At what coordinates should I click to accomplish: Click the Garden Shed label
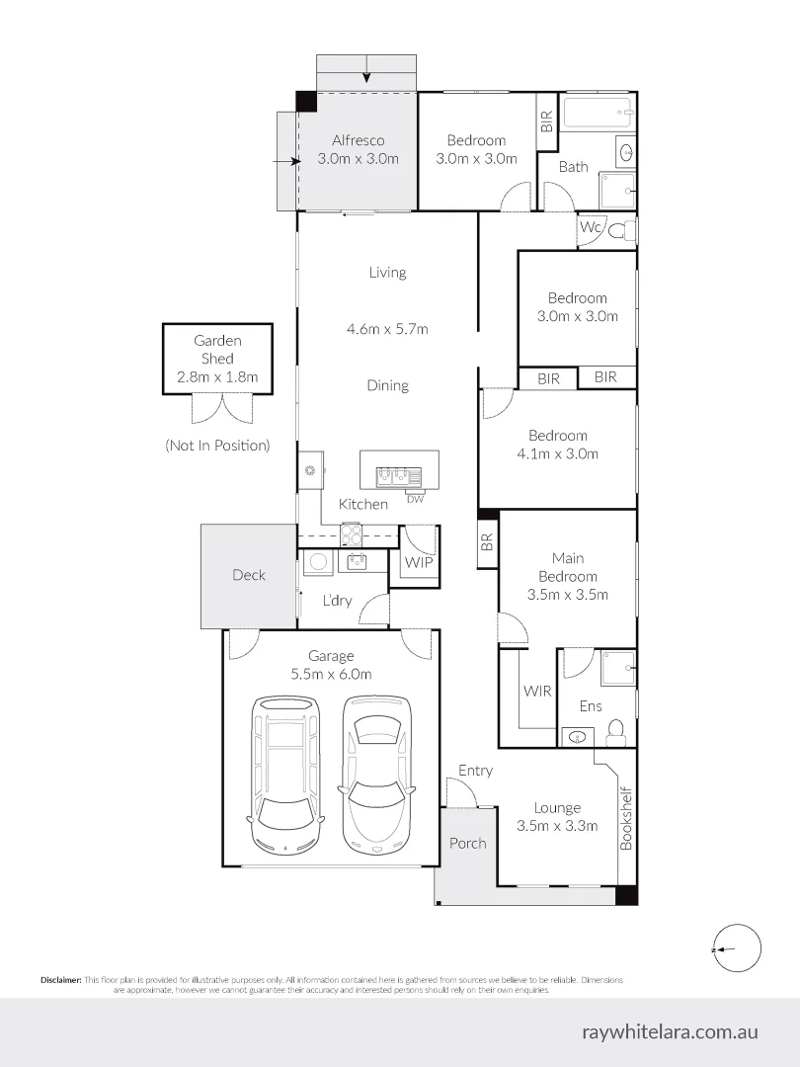click(x=217, y=349)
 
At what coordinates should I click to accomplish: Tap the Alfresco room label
click(x=358, y=140)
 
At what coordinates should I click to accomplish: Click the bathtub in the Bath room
click(x=596, y=112)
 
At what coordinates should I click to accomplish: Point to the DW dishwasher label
click(x=414, y=499)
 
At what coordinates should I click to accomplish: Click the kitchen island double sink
click(x=399, y=475)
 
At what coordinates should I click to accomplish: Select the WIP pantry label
click(x=419, y=563)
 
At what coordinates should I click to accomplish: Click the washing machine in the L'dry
click(x=318, y=562)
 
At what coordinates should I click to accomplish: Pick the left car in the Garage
click(x=285, y=776)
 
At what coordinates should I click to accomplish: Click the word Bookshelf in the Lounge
click(x=626, y=818)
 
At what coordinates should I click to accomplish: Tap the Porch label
click(x=467, y=843)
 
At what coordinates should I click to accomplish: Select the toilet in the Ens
click(x=615, y=729)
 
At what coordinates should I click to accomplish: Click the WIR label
click(x=536, y=691)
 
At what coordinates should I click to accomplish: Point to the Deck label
click(x=248, y=575)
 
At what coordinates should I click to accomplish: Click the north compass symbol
click(x=738, y=948)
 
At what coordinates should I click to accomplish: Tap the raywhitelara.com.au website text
click(x=670, y=1031)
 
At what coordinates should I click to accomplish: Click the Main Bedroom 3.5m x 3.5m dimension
click(x=567, y=594)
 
